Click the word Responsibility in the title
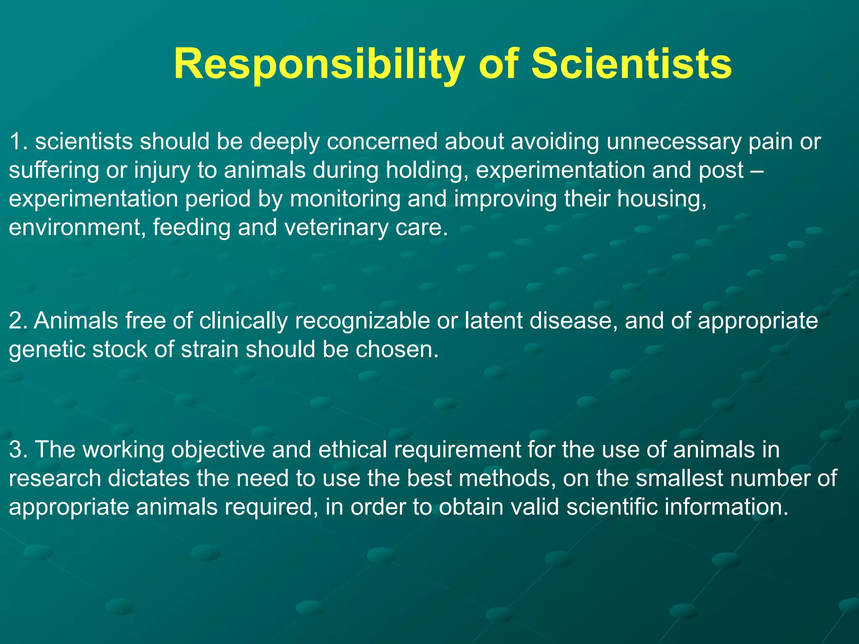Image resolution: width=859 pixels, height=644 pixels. (319, 64)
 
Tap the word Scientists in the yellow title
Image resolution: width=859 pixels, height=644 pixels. (632, 64)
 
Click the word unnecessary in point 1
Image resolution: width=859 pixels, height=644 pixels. (674, 141)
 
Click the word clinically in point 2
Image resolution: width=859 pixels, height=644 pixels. (243, 321)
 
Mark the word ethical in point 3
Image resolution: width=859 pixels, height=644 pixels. (352, 449)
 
